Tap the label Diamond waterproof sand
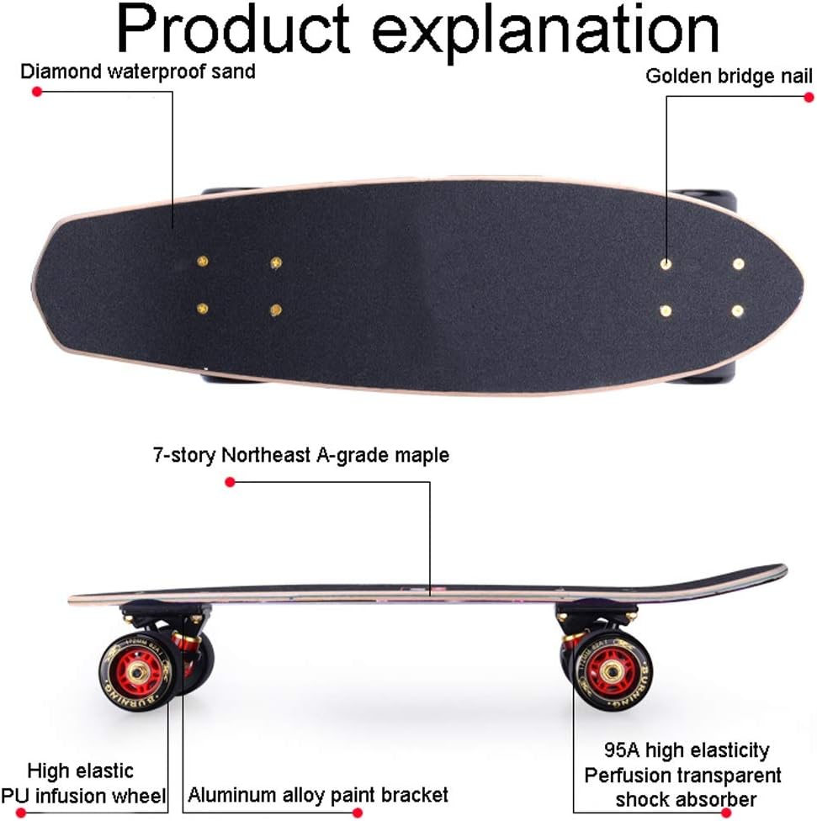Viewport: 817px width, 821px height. pyautogui.click(x=137, y=71)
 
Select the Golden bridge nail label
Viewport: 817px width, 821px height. pyautogui.click(x=729, y=77)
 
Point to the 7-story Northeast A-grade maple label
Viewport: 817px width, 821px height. pyautogui.click(x=300, y=456)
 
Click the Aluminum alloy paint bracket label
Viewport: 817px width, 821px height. pyautogui.click(x=317, y=795)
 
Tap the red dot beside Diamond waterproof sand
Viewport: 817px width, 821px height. pyautogui.click(x=36, y=91)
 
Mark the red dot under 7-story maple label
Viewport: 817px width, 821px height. pyautogui.click(x=230, y=482)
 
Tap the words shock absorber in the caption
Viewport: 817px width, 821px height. pyautogui.click(x=685, y=799)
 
